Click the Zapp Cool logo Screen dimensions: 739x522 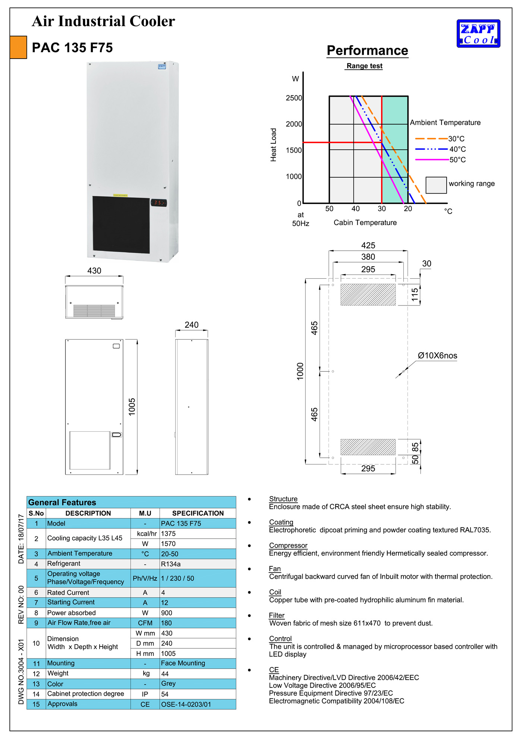478,34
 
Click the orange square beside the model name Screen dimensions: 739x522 18,47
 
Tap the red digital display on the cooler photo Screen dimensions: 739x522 159,203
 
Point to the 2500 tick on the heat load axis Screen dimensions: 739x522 294,98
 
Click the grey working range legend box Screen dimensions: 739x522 436,185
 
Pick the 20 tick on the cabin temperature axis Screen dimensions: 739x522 408,209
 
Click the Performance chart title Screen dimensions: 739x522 367,51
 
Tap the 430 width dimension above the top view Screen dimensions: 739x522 94,271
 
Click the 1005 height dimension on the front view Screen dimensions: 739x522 132,407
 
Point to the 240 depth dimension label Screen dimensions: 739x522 192,325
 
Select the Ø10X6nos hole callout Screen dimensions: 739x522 437,356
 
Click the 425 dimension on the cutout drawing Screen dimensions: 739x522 368,245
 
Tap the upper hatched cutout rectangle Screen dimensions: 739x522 368,295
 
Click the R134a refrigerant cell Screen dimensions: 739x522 171,564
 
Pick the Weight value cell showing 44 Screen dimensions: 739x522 165,674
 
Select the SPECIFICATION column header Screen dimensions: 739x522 198,513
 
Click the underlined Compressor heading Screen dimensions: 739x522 288,546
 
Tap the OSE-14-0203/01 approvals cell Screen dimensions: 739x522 186,704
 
